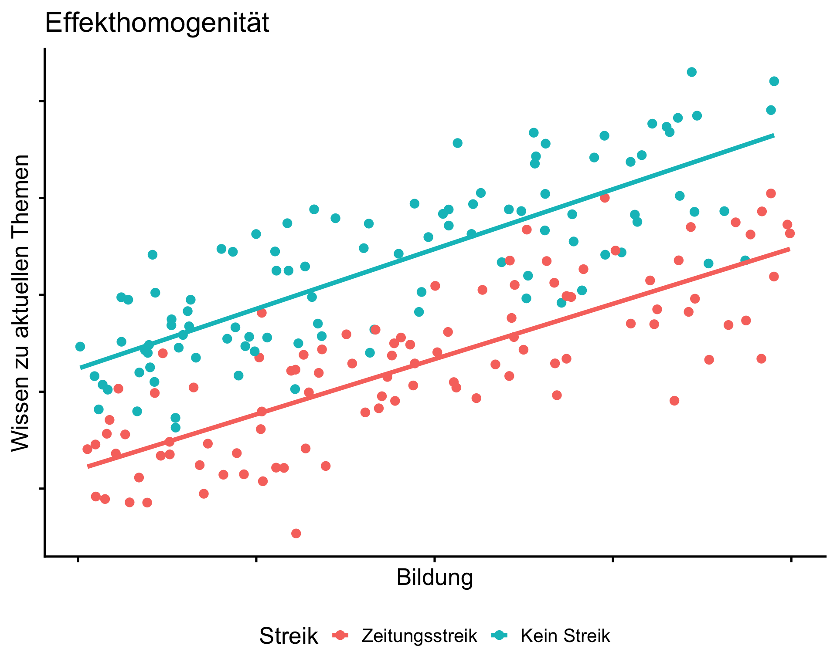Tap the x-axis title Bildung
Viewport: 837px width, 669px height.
click(435, 578)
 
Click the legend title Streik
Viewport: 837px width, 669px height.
click(288, 636)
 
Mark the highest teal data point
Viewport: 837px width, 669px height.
click(691, 72)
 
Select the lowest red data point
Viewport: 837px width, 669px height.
click(296, 534)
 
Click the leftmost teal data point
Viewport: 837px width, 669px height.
click(80, 347)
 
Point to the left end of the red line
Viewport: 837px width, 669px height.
click(88, 466)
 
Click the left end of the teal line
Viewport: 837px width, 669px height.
click(81, 368)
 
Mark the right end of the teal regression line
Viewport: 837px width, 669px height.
click(774, 135)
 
